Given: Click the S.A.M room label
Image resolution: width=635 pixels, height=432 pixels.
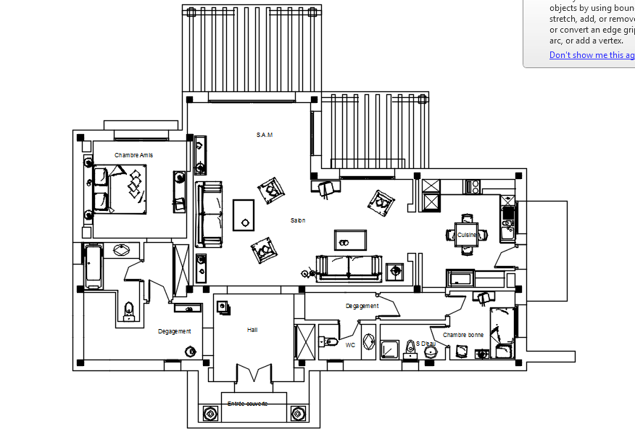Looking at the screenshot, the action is (264, 135).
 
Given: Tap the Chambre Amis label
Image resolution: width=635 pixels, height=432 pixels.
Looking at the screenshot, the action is (133, 155).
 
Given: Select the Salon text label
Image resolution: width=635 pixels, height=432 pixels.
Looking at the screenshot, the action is (298, 220).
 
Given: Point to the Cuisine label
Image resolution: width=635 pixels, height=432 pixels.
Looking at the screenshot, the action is (467, 235).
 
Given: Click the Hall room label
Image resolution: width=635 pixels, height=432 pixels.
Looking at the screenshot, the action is (252, 330).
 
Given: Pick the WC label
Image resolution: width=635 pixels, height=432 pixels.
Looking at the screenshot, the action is (350, 345).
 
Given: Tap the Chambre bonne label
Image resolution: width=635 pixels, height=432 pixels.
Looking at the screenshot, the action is (463, 335).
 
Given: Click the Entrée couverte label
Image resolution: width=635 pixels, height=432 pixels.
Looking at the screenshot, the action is (247, 404).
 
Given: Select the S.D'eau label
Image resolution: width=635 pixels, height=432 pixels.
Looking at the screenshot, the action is (426, 344).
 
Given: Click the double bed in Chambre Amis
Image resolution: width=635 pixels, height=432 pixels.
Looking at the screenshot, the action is (120, 188).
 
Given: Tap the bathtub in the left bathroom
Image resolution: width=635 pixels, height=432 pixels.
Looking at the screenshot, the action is (94, 266).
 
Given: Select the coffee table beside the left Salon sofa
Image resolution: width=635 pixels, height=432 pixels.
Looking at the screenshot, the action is (244, 215).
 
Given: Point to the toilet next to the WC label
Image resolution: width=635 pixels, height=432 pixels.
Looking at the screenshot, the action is (328, 340).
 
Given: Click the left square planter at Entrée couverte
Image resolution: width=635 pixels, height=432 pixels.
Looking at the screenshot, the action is (209, 414).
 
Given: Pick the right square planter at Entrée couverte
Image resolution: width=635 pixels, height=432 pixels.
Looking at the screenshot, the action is (297, 414).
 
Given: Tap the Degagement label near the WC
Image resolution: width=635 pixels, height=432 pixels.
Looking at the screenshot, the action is (362, 306).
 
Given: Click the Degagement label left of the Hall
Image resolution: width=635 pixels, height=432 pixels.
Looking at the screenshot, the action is (175, 331).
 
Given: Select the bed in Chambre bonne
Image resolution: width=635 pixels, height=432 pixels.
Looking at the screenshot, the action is (502, 331).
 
